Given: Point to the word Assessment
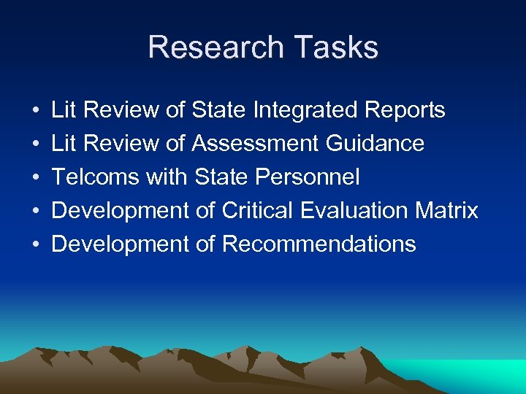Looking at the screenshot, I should click(256, 144).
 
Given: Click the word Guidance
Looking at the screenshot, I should click(375, 144).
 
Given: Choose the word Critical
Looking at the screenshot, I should click(260, 211).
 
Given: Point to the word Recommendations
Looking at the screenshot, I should click(319, 244).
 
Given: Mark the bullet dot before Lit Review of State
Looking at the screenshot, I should click(36, 111).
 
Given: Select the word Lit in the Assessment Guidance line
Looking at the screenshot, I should click(64, 144).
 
